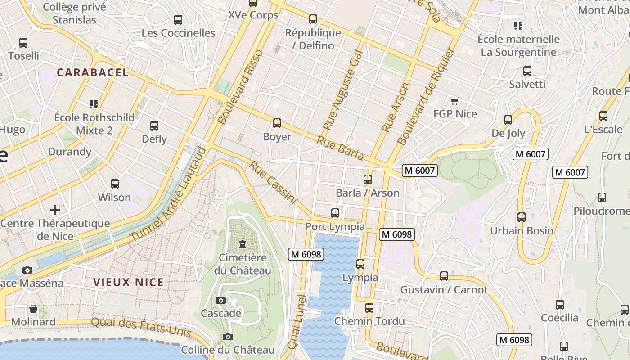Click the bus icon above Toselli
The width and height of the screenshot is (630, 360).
(x=23, y=43)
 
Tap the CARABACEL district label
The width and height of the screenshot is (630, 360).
(x=93, y=72)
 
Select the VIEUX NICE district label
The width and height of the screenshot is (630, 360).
(x=128, y=282)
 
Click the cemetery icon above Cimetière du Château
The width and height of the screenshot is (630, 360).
(x=243, y=245)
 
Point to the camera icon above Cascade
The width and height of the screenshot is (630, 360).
(x=221, y=300)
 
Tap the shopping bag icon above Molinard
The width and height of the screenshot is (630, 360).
(x=33, y=309)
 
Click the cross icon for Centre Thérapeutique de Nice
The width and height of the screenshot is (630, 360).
(x=55, y=210)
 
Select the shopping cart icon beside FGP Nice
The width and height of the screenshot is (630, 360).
(x=454, y=101)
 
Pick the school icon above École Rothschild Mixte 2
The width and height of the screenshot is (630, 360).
(x=94, y=104)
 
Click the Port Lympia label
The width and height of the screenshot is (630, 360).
(x=335, y=226)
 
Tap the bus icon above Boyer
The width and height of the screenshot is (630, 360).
(x=277, y=123)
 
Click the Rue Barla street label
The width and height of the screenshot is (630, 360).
(x=340, y=148)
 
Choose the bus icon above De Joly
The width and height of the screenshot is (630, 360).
(x=508, y=120)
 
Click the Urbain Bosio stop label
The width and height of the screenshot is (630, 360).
(x=522, y=231)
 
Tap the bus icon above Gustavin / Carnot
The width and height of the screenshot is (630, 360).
(x=444, y=276)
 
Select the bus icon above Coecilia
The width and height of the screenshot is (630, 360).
(x=560, y=305)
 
